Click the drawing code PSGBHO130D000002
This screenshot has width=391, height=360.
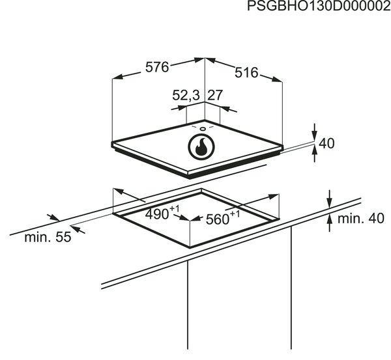[x=319, y=6]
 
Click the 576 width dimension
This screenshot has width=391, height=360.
[x=157, y=67]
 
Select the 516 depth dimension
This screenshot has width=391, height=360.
[x=246, y=73]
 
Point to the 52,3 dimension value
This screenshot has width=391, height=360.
[x=186, y=95]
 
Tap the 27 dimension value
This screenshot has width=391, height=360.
[x=214, y=95]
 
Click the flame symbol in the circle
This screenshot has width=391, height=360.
[x=201, y=147]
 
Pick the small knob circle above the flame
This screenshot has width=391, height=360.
[x=203, y=128]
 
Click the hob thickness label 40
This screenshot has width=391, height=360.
[x=326, y=143]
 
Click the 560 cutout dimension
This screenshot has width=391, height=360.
[x=218, y=219]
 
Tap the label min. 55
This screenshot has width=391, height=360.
[x=48, y=237]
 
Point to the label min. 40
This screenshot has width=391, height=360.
[x=361, y=219]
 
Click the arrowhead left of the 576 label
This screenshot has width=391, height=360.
[x=118, y=76]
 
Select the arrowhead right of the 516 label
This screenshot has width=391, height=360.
[x=277, y=79]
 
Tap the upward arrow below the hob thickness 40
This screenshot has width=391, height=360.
[x=315, y=154]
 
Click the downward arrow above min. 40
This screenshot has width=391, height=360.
[x=330, y=199]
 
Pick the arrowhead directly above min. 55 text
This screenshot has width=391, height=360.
[x=53, y=217]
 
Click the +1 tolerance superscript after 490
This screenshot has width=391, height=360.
[x=174, y=209]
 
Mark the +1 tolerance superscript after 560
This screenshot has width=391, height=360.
[x=235, y=214]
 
